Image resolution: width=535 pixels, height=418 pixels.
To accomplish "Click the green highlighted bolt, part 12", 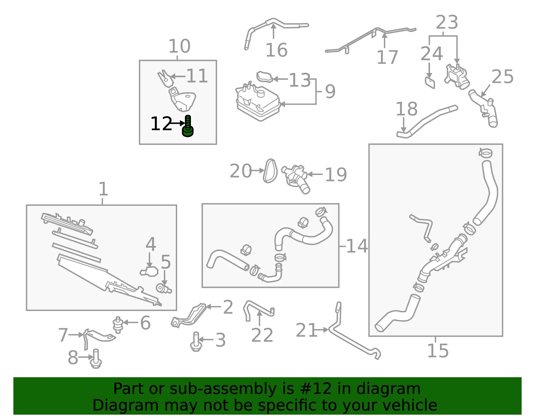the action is click(x=188, y=126).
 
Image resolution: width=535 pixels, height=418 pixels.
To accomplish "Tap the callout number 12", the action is click(x=161, y=123).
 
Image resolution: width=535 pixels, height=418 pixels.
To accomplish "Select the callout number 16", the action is click(x=277, y=50).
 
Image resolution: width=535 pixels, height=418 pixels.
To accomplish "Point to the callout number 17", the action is click(x=387, y=57).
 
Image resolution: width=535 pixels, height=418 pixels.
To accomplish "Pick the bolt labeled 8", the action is click(x=96, y=359).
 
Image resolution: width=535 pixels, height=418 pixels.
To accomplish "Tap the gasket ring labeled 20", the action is click(x=270, y=171).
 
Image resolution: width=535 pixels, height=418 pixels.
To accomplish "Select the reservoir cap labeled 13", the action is click(x=265, y=77).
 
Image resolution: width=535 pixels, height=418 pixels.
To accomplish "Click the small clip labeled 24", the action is click(x=430, y=83).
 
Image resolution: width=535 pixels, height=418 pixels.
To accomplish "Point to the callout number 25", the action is click(x=503, y=77).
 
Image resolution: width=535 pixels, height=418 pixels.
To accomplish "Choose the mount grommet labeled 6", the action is click(x=118, y=325).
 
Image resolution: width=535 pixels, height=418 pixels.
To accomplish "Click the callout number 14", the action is click(x=357, y=246).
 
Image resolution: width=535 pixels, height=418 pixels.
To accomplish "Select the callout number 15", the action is click(x=438, y=350).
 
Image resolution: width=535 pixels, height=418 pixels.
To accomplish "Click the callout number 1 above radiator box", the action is click(x=103, y=189).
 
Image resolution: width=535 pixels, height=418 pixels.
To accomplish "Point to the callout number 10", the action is click(x=179, y=46).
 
